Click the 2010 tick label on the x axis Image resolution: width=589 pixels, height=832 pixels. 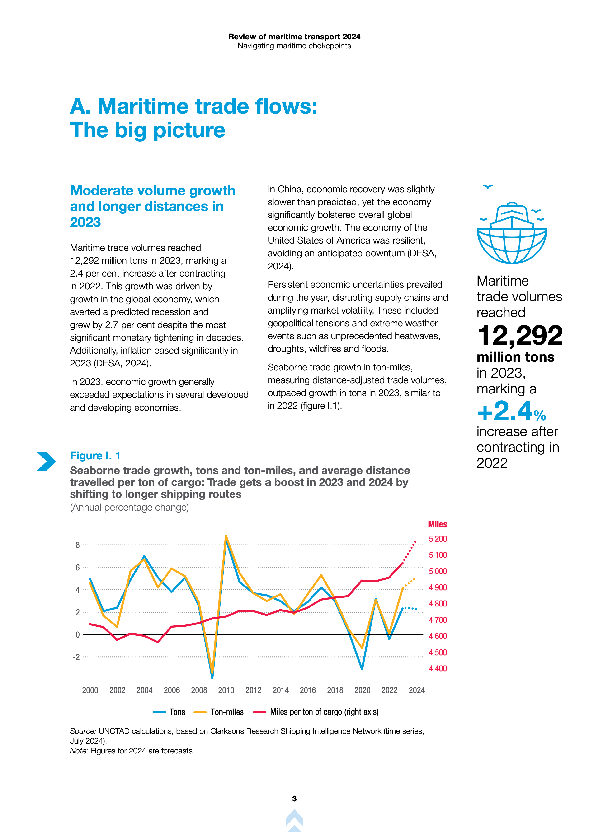[x=226, y=690]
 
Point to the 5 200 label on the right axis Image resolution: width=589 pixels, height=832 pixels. [x=438, y=539]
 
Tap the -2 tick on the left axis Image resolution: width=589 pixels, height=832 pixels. [x=76, y=657]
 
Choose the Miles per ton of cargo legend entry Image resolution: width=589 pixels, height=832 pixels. [x=316, y=712]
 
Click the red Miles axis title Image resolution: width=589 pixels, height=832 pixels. [x=437, y=524]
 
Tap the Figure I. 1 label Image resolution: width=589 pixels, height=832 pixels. [x=95, y=456]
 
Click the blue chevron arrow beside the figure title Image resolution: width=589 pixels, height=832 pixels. [x=46, y=461]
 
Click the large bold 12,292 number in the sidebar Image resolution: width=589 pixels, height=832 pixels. [x=520, y=335]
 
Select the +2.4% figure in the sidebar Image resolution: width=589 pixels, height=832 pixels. [x=511, y=412]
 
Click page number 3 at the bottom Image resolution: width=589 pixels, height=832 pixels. [x=294, y=799]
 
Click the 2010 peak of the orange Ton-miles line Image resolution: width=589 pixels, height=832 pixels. [x=226, y=536]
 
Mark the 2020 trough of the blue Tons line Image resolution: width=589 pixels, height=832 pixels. [x=362, y=669]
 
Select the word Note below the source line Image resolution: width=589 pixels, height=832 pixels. [x=79, y=751]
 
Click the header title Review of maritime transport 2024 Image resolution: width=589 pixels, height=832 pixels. [x=294, y=37]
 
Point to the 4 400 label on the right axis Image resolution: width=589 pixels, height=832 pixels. [x=438, y=669]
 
